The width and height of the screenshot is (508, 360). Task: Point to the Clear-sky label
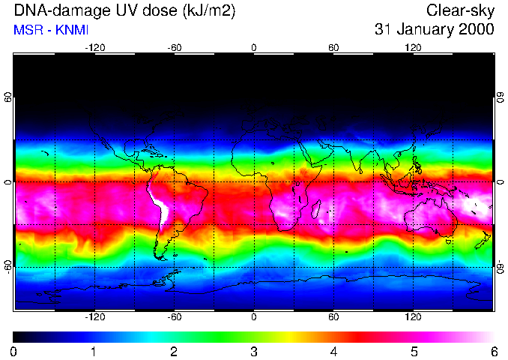460,11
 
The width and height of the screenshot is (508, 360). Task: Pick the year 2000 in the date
477,30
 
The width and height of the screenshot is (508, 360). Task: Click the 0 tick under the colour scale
14,351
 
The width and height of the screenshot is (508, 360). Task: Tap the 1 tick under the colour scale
94,351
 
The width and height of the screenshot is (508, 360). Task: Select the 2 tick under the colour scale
174,351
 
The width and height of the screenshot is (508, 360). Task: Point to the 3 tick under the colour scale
254,351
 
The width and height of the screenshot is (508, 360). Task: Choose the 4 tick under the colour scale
333,351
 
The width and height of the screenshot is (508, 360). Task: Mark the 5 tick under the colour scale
414,351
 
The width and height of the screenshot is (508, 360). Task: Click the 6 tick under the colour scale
493,351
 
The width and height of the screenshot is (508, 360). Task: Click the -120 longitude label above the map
94,48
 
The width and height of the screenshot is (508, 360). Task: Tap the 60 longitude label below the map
333,316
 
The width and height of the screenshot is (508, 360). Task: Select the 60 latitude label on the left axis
8,98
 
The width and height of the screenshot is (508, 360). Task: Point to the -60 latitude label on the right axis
500,266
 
